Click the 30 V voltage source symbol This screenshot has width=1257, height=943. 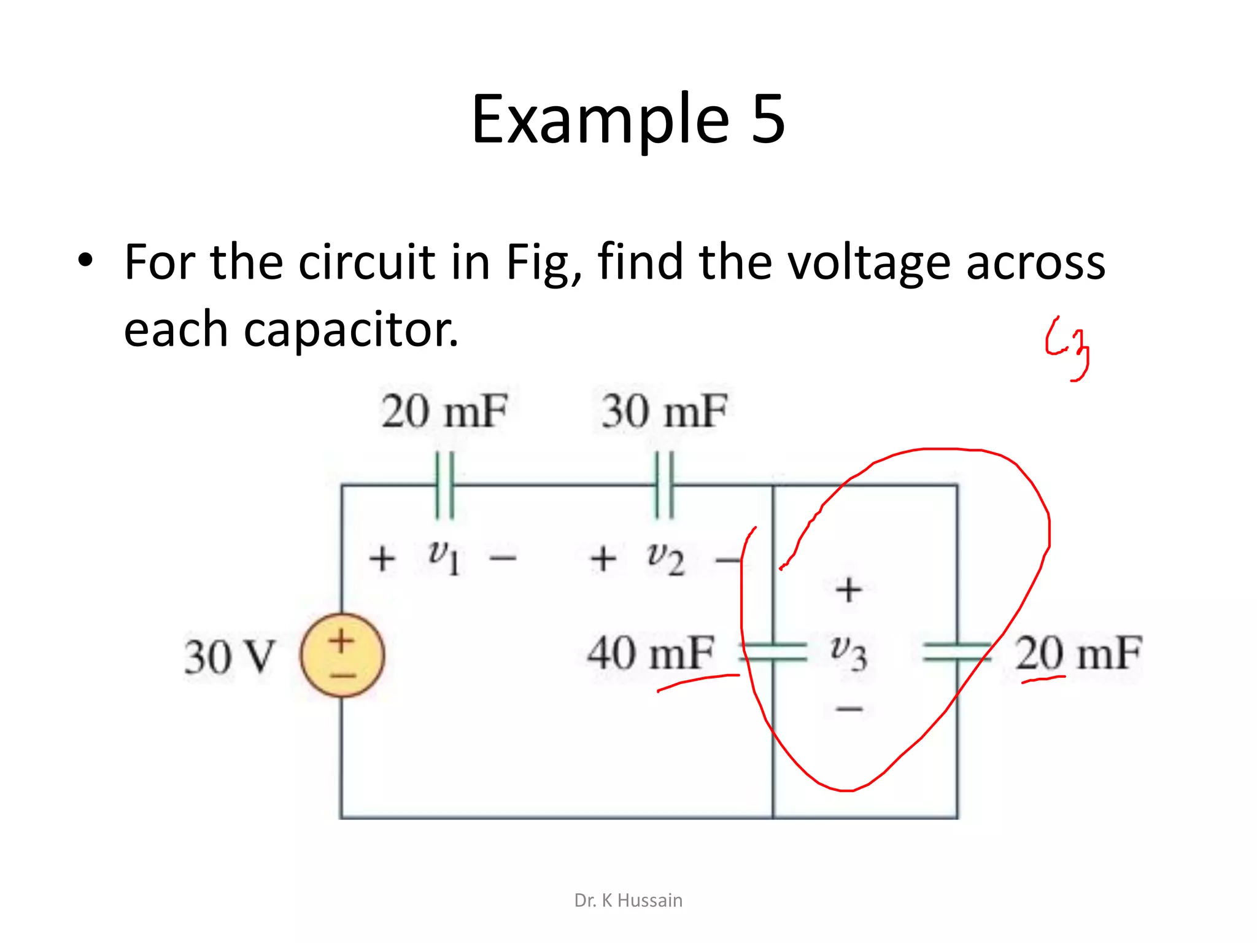pos(342,655)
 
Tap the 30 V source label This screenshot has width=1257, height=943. pos(230,657)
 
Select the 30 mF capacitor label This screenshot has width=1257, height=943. pos(664,411)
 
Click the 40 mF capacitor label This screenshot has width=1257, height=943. pos(651,653)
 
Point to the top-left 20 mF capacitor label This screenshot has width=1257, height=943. pos(444,411)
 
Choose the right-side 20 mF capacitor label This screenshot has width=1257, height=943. pos(1078,653)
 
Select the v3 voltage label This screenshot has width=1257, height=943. pos(848,652)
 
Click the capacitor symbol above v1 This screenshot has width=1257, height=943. pos(445,485)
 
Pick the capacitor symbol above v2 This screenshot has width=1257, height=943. pos(664,485)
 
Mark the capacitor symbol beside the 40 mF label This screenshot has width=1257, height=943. pos(773,651)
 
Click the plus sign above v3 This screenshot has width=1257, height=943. pos(849,590)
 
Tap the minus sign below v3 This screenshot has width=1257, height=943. pos(849,709)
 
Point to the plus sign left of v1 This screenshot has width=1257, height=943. pos(382,559)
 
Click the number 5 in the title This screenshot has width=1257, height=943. pos(768,119)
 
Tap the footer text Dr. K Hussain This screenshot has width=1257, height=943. pos(628,900)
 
